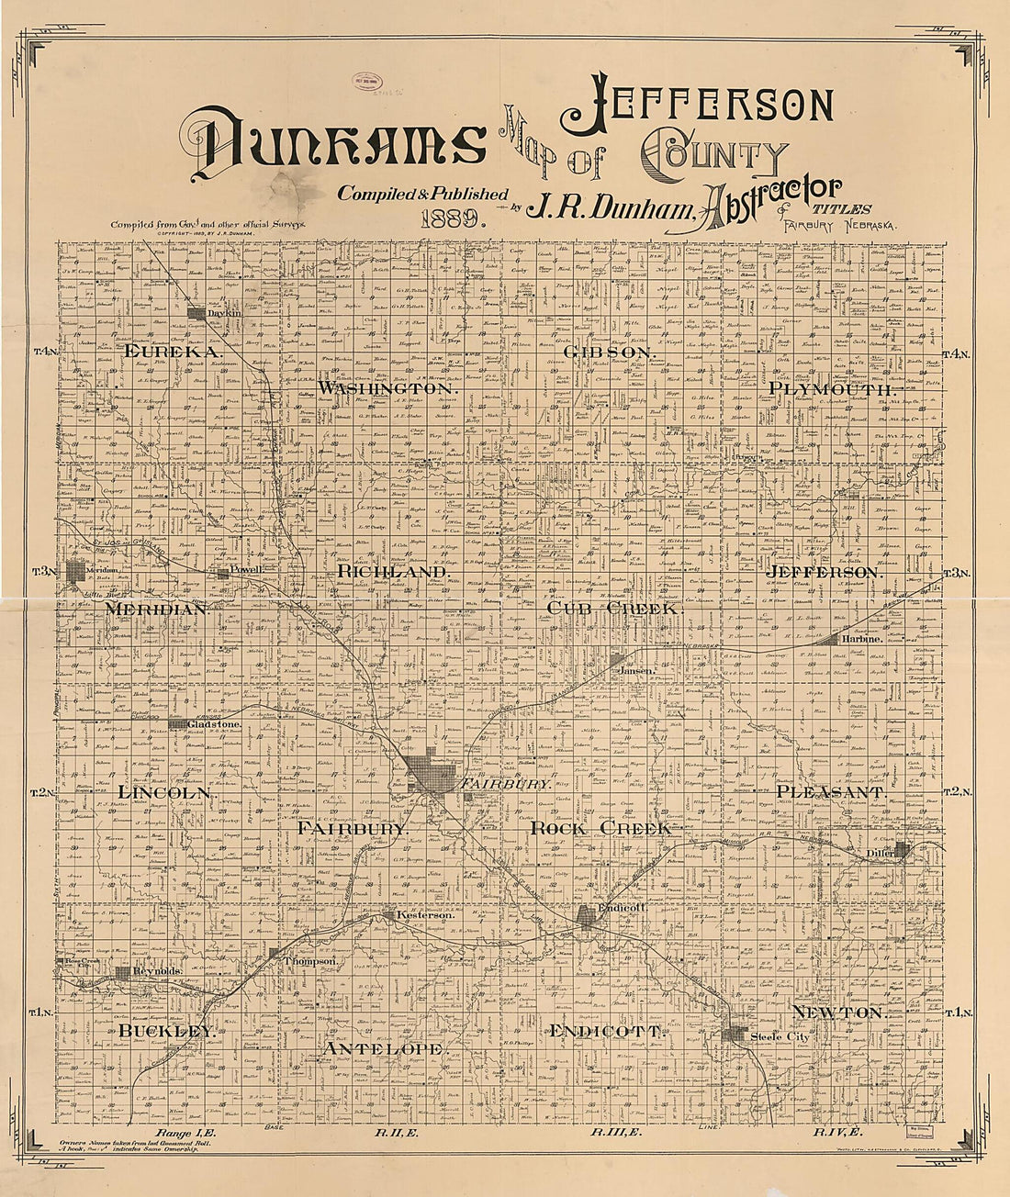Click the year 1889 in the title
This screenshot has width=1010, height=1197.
(x=453, y=219)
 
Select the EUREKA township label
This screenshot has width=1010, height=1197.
(x=172, y=352)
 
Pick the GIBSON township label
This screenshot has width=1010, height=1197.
(x=609, y=352)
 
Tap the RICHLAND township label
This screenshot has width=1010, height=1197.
(x=392, y=571)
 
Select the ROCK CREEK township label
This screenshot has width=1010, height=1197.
(x=600, y=828)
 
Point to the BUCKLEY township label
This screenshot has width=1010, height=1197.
(x=168, y=1031)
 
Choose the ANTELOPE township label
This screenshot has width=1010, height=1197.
(x=384, y=1047)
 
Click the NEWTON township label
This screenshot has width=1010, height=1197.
(x=837, y=1012)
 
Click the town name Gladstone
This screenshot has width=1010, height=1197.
(x=214, y=724)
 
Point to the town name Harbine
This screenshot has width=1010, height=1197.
(x=863, y=638)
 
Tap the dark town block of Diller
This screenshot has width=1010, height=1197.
(x=903, y=849)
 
